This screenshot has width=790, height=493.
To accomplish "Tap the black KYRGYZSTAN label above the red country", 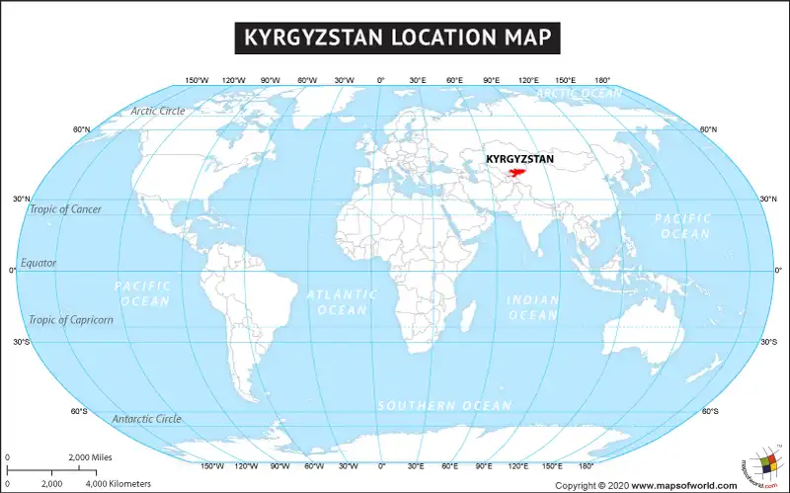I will [x=519, y=158].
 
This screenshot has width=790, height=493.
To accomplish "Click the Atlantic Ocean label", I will [x=342, y=302].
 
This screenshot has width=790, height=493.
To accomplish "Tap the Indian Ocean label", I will [x=532, y=307].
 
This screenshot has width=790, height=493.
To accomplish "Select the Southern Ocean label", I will [x=444, y=405].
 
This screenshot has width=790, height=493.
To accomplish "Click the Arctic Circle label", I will [x=158, y=111].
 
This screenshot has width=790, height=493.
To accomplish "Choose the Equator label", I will [x=39, y=263].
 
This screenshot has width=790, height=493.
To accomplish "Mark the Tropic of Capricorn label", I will [x=71, y=319].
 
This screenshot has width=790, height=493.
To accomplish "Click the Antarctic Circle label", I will [x=146, y=419].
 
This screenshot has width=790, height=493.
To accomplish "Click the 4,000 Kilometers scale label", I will [x=118, y=483].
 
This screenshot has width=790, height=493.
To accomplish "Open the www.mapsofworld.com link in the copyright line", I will [x=684, y=485].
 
